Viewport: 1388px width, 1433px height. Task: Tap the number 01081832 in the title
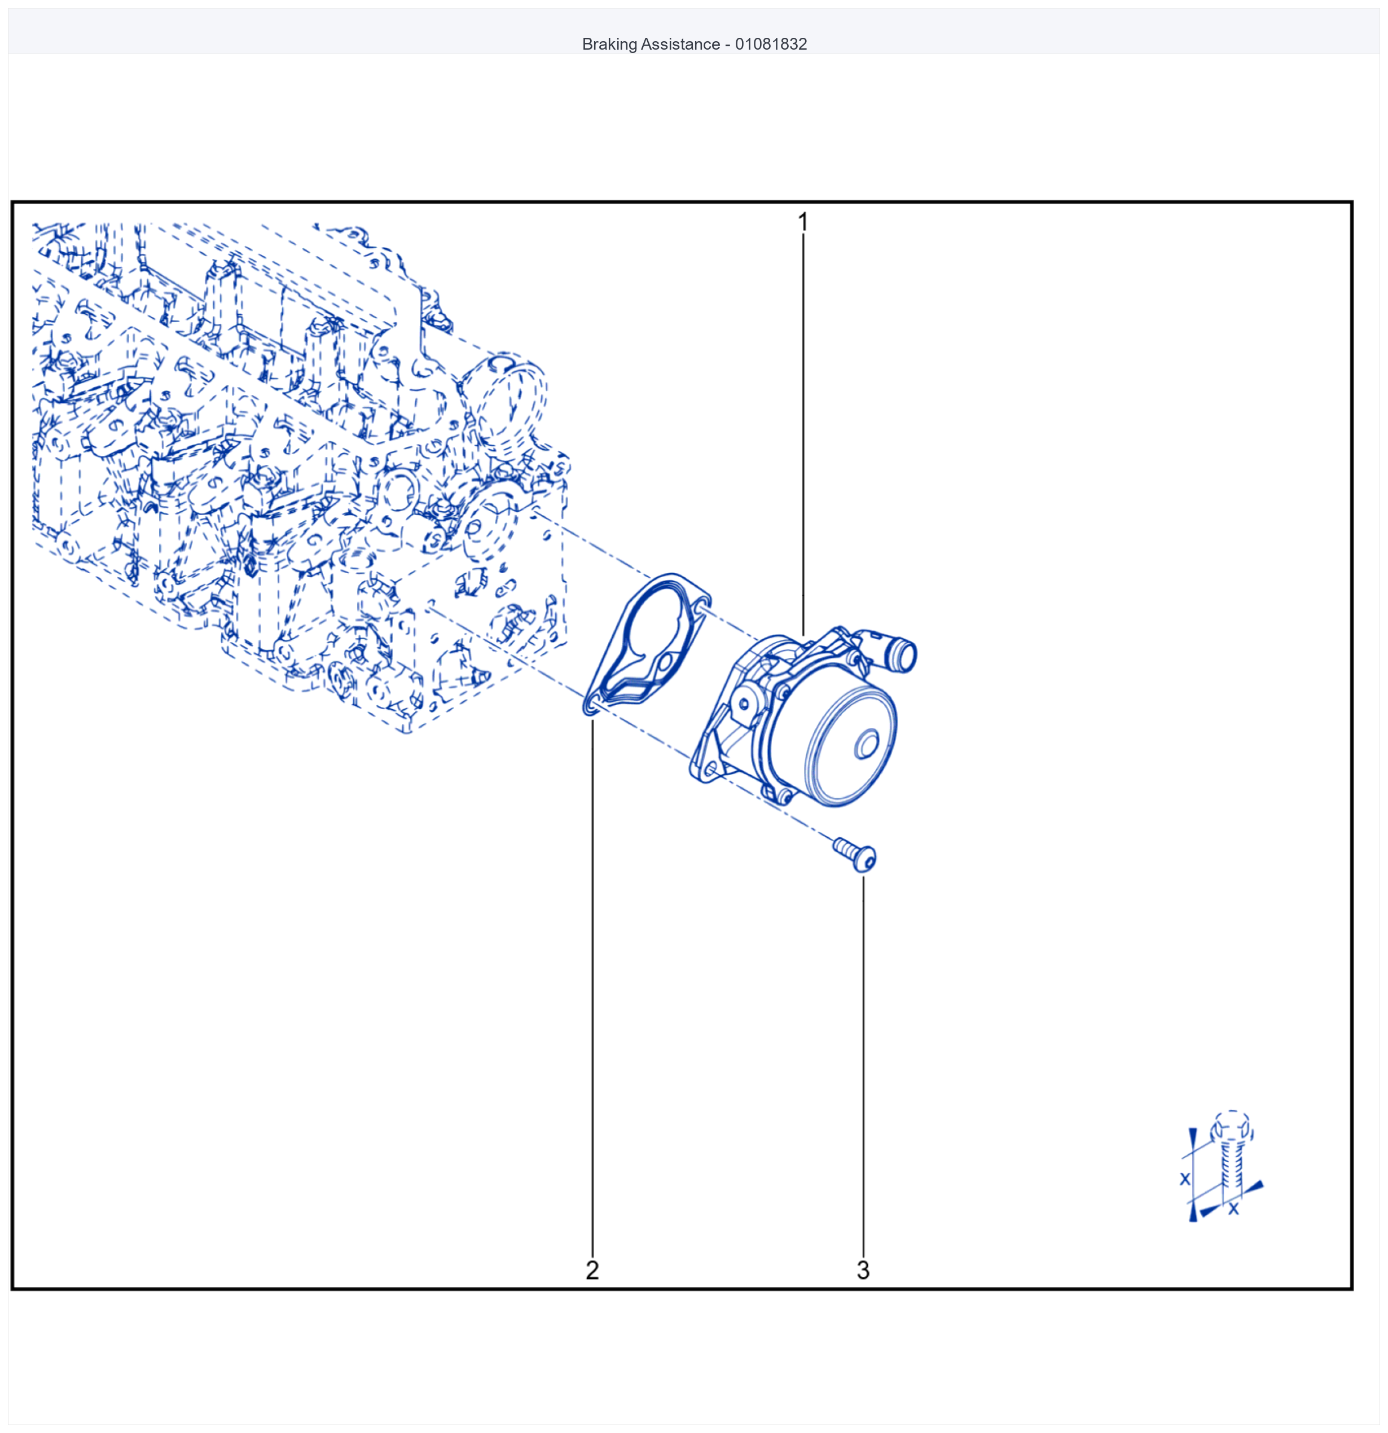click(771, 44)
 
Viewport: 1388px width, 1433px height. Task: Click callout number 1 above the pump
click(803, 222)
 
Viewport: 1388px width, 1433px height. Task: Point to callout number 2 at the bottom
click(592, 1270)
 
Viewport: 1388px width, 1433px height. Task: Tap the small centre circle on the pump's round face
click(867, 745)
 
